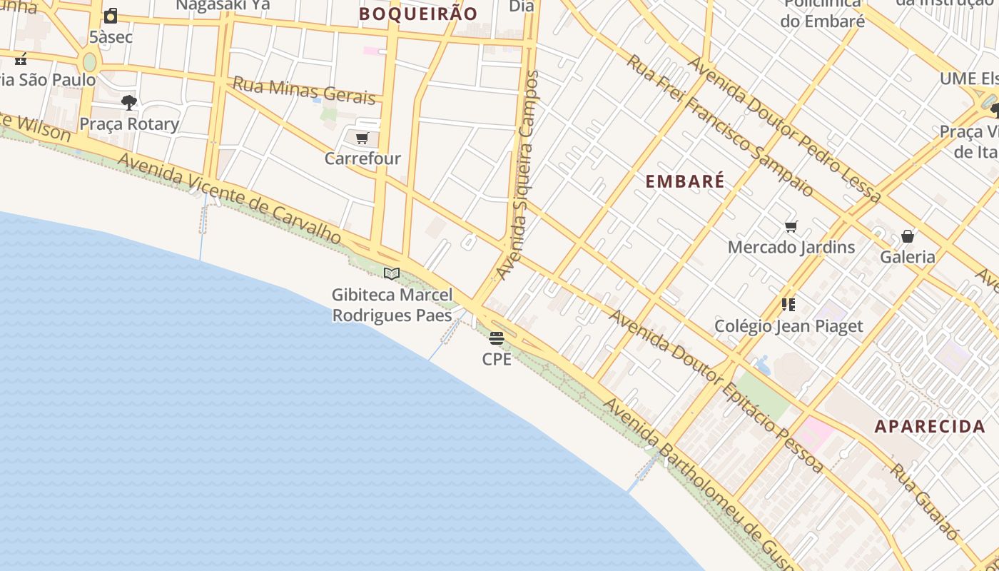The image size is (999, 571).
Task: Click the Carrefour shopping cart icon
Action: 362,138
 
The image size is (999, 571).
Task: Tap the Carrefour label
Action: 362,158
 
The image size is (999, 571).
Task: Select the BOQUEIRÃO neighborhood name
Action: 418,14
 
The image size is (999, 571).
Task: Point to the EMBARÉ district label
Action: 685,181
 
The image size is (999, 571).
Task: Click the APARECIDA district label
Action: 930,427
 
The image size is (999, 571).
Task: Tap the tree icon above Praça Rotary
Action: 128,103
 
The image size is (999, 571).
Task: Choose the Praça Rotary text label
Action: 129,124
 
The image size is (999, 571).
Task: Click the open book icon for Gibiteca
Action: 391,273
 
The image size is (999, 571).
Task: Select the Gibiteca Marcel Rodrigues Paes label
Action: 392,305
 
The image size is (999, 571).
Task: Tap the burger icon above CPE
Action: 497,338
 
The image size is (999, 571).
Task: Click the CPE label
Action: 497,359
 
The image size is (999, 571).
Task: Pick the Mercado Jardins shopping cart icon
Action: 791,227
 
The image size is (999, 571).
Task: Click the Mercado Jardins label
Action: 791,248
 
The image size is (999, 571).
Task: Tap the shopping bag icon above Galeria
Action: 907,236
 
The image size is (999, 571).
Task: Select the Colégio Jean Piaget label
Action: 788,326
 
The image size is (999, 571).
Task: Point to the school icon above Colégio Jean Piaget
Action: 788,305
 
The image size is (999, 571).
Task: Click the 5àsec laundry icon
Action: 111,16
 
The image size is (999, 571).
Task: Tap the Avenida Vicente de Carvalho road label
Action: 230,199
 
